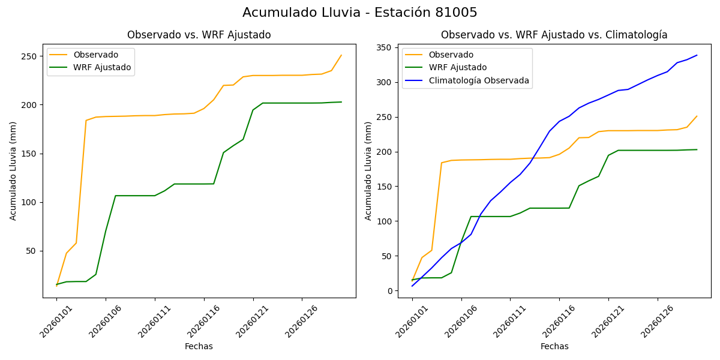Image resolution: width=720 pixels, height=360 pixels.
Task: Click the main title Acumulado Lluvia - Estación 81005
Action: [x=360, y=13]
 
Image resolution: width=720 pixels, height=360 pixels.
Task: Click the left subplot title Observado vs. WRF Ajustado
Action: [x=199, y=35]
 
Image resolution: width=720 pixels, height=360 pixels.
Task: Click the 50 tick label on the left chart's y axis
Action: [x=32, y=251]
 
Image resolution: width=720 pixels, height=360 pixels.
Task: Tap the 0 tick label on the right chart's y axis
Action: [x=389, y=291]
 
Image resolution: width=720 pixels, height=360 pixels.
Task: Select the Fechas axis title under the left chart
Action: [x=199, y=346]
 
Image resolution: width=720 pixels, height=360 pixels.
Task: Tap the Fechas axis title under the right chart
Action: [x=554, y=346]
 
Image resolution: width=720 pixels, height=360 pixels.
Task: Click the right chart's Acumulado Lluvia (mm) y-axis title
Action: [x=369, y=171]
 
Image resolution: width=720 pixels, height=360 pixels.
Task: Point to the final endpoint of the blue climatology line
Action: [x=697, y=55]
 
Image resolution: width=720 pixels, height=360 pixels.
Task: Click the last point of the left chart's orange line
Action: [x=341, y=55]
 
